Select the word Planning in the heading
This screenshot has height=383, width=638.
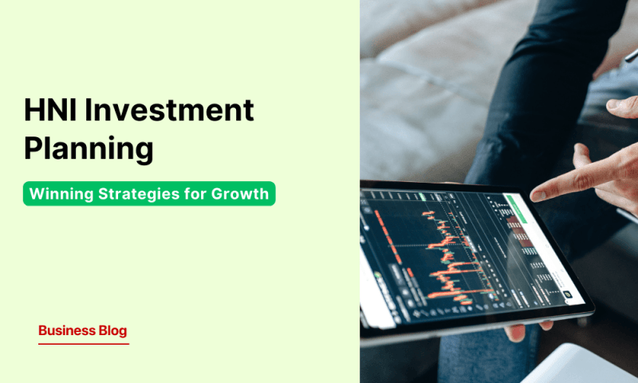(88, 148)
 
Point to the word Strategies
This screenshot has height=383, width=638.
(136, 194)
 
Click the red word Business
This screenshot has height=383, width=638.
(67, 330)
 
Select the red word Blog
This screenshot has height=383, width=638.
(112, 330)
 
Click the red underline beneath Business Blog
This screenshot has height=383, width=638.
(83, 344)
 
